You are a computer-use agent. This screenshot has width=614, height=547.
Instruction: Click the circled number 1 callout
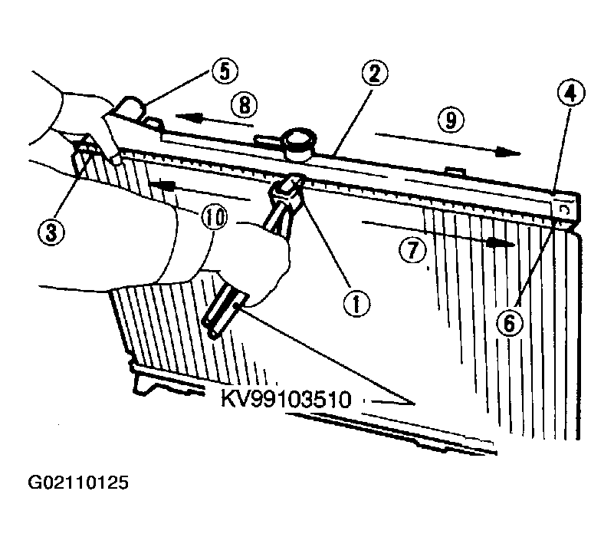pyautogui.click(x=356, y=304)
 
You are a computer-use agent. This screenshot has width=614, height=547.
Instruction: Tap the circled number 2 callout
pyautogui.click(x=374, y=74)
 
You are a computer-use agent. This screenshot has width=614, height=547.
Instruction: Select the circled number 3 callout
pyautogui.click(x=51, y=232)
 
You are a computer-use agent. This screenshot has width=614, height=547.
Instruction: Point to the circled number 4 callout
pyautogui.click(x=571, y=94)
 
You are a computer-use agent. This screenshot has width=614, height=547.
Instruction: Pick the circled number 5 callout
pyautogui.click(x=225, y=71)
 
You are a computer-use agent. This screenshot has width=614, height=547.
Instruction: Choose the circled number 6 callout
pyautogui.click(x=509, y=324)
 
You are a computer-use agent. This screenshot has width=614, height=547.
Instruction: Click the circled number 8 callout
pyautogui.click(x=244, y=105)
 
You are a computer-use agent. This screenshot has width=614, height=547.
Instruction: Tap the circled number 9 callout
pyautogui.click(x=450, y=120)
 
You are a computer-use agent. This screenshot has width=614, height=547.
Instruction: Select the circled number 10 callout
pyautogui.click(x=214, y=218)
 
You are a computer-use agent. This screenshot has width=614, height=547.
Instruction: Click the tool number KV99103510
pyautogui.click(x=286, y=400)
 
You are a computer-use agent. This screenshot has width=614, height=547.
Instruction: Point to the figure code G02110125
pyautogui.click(x=78, y=483)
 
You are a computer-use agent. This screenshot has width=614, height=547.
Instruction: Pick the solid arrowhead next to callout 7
pyautogui.click(x=501, y=244)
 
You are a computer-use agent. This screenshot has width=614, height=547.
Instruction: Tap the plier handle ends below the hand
pyautogui.click(x=223, y=311)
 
